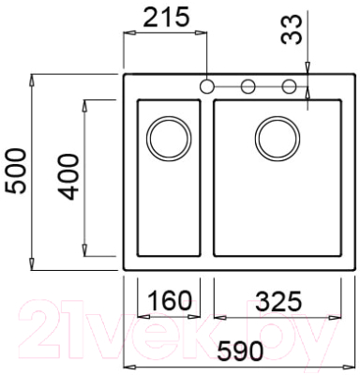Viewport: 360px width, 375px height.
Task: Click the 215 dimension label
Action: [x=164, y=16]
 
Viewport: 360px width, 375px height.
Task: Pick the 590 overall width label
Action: [x=239, y=349]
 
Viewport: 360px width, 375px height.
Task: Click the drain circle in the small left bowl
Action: [x=169, y=137]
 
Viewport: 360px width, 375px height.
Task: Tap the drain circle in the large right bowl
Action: [x=277, y=137]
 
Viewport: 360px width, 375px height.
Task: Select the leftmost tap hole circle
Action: [x=206, y=87]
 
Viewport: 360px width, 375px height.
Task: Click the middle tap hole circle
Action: [x=248, y=87]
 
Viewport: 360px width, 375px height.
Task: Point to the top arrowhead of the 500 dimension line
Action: [x=34, y=79]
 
